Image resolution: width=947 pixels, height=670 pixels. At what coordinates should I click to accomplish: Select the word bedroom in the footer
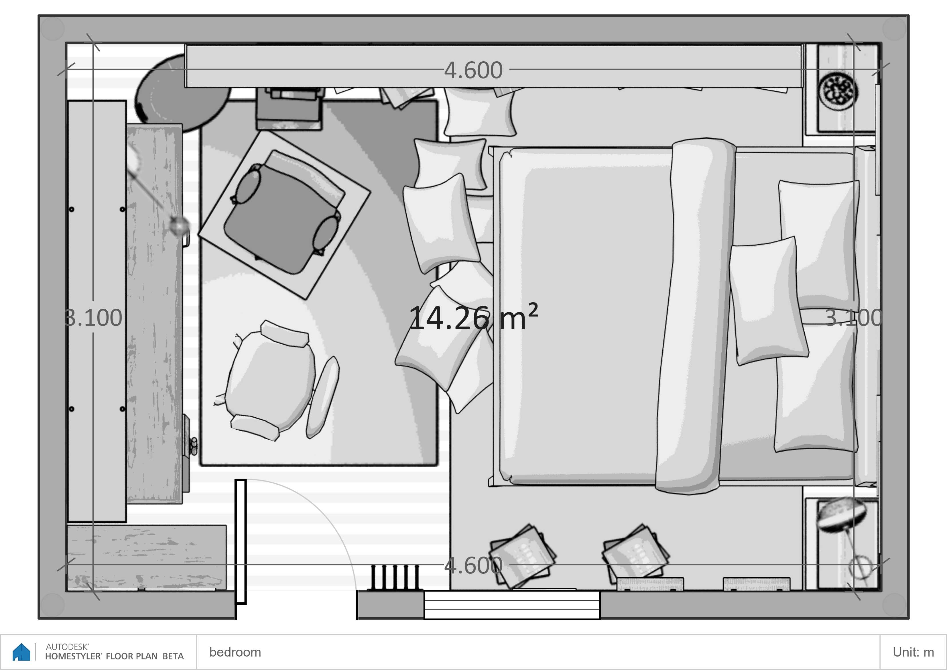pyautogui.click(x=235, y=652)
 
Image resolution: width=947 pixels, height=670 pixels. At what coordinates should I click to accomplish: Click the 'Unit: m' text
pyautogui.click(x=913, y=652)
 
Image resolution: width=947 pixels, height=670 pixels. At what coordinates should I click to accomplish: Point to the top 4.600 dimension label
pyautogui.click(x=474, y=70)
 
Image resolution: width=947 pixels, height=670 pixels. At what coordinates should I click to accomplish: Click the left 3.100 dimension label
pyautogui.click(x=94, y=318)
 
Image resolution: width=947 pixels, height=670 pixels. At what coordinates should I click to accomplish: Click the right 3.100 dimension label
pyautogui.click(x=854, y=318)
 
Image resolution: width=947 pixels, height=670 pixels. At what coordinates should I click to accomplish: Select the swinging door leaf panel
pyautogui.click(x=241, y=542)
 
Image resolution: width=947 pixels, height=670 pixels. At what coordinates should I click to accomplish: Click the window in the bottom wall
pyautogui.click(x=512, y=605)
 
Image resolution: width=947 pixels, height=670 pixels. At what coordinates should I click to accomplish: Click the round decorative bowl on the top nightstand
pyautogui.click(x=838, y=91)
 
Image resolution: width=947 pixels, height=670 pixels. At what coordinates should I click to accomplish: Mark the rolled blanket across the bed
pyautogui.click(x=695, y=316)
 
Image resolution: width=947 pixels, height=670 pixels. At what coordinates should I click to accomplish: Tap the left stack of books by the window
pyautogui.click(x=522, y=555)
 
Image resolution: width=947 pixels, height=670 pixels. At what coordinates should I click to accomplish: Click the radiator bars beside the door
pyautogui.click(x=395, y=577)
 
